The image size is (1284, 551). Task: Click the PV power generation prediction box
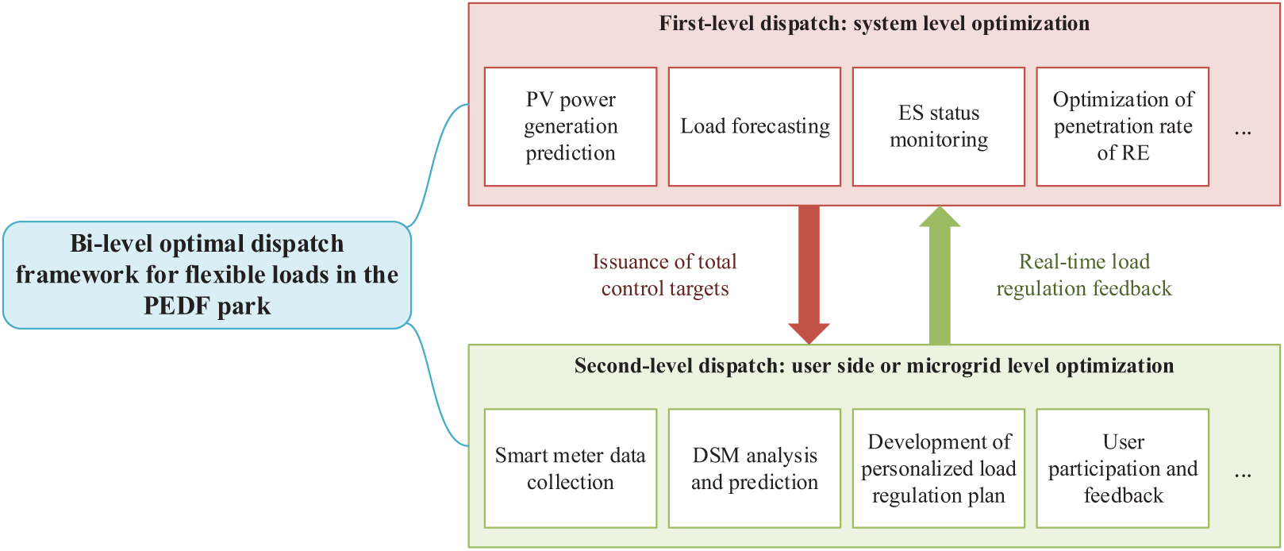(x=571, y=127)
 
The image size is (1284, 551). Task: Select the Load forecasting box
(x=755, y=127)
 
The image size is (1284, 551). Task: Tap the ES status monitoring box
(x=938, y=127)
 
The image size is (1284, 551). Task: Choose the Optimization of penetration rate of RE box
(x=1122, y=127)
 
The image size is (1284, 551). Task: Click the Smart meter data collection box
(x=571, y=468)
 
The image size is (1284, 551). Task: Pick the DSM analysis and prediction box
(x=755, y=468)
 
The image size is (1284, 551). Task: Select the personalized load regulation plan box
(x=938, y=468)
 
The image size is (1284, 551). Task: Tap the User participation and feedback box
(x=1122, y=468)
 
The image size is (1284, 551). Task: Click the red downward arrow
(x=809, y=275)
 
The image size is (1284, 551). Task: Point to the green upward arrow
(x=940, y=275)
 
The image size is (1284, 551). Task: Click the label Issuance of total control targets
(x=665, y=275)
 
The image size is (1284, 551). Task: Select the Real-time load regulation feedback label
(x=1084, y=275)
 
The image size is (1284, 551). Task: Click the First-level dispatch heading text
(x=875, y=24)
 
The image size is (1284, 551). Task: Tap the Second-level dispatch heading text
(x=875, y=366)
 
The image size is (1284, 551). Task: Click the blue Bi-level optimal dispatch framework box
(x=207, y=275)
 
